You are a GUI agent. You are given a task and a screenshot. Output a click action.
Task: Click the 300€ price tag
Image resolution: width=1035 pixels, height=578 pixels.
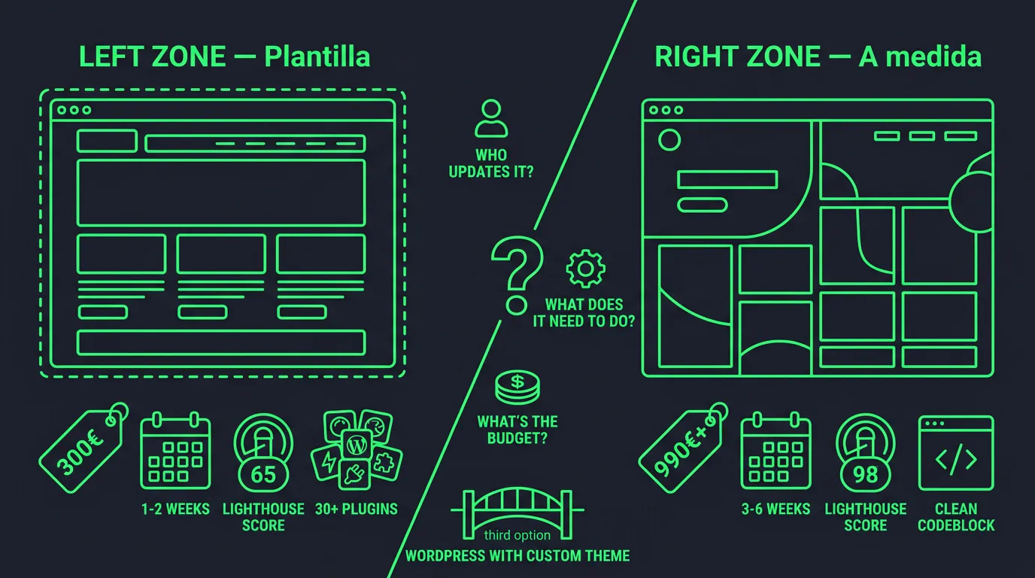click(x=82, y=449)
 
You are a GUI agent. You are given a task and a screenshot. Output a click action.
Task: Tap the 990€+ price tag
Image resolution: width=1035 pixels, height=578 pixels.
click(x=682, y=449)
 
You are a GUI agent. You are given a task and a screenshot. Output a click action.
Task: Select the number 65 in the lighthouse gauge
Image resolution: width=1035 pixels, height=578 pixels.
click(x=263, y=475)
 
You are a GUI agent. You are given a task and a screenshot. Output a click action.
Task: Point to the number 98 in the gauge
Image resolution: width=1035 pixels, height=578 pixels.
click(x=866, y=475)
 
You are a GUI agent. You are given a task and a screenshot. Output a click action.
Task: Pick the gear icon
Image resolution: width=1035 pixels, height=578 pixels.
click(x=585, y=269)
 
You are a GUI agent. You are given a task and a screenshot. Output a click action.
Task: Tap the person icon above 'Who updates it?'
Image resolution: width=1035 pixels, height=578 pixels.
click(x=490, y=118)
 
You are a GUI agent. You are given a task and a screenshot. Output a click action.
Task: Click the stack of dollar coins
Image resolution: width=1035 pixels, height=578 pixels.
click(x=517, y=387)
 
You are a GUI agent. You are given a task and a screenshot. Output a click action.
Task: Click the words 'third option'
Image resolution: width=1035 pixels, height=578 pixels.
click(x=517, y=535)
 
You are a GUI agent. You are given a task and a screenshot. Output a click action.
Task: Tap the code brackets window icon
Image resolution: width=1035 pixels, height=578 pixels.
click(x=956, y=453)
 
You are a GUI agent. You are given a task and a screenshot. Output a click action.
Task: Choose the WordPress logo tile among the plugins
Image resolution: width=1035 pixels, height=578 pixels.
click(x=357, y=445)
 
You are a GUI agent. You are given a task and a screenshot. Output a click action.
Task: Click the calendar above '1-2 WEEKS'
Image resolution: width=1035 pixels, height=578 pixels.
click(x=175, y=450)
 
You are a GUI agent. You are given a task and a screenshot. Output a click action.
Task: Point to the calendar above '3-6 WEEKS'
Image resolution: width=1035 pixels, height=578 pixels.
click(x=775, y=450)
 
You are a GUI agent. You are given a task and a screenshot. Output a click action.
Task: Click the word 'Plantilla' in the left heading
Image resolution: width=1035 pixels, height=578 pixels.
click(x=317, y=56)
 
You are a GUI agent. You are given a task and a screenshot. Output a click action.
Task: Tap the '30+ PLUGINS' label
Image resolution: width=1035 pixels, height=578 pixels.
click(x=357, y=509)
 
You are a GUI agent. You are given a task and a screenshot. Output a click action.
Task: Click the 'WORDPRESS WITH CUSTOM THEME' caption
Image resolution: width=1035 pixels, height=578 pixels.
click(x=517, y=556)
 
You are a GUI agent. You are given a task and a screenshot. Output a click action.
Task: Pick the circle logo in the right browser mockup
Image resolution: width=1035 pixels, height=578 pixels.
click(x=669, y=140)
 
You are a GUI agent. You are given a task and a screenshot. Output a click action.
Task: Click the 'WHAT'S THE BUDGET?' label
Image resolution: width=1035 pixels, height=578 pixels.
click(x=517, y=430)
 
